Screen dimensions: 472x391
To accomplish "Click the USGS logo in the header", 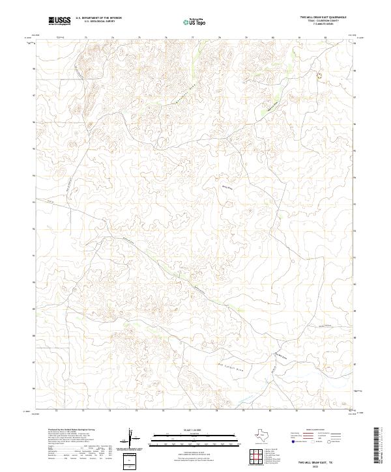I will (59, 21).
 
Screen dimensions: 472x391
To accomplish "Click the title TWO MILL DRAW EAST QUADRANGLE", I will (314, 18).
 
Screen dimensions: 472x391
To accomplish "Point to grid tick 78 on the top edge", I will (219, 38).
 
